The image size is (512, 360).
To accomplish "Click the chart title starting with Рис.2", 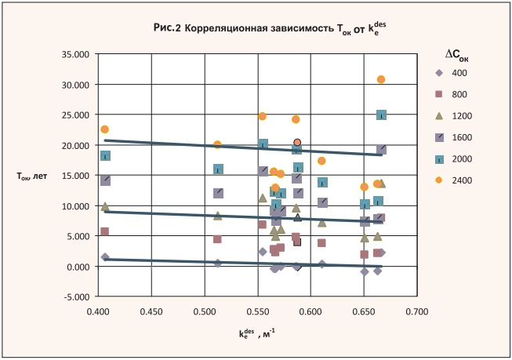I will pos(271,29).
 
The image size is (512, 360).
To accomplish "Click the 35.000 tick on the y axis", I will pos(77,54).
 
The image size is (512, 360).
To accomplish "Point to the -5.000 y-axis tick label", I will pos(77,297).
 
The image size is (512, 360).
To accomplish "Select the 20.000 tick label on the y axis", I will pos(77,146).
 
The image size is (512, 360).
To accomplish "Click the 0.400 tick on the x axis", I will pos(98,311).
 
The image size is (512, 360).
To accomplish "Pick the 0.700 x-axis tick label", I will pos(417,311).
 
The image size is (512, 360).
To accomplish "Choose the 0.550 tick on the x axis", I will pos(257,311).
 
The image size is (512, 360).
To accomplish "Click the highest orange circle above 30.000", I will pos(381,79).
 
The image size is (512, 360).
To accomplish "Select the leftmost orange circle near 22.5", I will pos(104,129).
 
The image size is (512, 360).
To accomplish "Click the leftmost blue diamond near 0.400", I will pos(105,257).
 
